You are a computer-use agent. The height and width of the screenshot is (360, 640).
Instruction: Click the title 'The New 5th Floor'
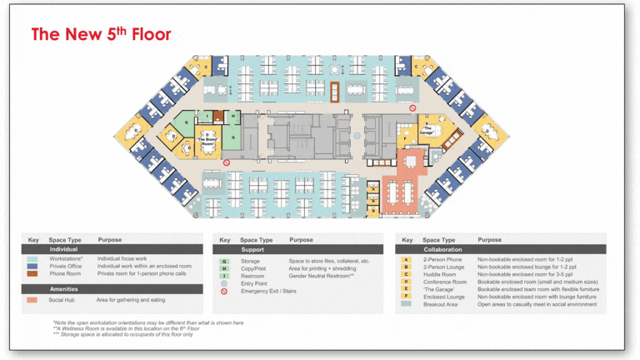(101, 34)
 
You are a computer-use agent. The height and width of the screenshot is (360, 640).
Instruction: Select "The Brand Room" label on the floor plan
(208, 142)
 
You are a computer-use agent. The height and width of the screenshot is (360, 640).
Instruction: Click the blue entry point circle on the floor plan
(357, 136)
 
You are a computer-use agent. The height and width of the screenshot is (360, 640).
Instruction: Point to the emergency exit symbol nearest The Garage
(412, 107)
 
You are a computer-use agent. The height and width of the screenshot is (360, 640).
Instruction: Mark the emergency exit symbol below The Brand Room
(226, 162)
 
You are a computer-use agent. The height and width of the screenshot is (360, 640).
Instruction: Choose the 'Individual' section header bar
(112, 249)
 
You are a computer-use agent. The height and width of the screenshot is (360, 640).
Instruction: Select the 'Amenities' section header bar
(112, 288)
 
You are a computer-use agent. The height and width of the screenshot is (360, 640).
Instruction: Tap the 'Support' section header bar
(299, 249)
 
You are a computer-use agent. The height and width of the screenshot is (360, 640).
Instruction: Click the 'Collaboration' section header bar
(501, 249)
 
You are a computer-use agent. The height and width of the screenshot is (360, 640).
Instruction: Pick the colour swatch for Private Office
(32, 267)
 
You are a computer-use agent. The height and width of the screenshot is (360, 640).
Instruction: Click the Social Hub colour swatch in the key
(32, 300)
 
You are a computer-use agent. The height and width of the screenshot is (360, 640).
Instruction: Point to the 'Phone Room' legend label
(65, 274)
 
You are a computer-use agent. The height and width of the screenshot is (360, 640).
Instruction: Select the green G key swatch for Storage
(224, 262)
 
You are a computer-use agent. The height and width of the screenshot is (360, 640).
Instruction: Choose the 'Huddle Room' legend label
(439, 275)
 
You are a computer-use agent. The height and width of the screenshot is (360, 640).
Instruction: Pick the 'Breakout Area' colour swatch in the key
(406, 304)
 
